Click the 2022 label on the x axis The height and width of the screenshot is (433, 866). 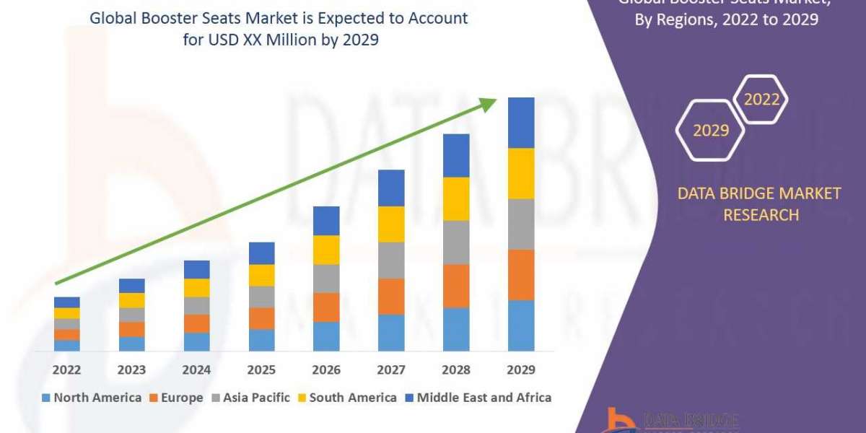click(x=66, y=370)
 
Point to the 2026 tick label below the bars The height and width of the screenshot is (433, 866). click(x=326, y=370)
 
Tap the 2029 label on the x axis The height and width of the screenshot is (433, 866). click(x=521, y=370)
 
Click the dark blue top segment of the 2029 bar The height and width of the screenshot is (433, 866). click(x=521, y=123)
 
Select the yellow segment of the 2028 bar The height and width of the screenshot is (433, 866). click(x=456, y=198)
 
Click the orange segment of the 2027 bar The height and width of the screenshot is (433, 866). click(x=391, y=297)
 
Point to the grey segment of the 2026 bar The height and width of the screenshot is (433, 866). click(x=326, y=279)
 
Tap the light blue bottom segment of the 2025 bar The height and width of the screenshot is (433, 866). click(x=261, y=340)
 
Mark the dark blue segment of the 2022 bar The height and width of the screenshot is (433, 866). click(x=66, y=302)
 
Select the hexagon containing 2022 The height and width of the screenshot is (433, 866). click(x=761, y=100)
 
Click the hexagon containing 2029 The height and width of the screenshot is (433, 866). click(x=711, y=131)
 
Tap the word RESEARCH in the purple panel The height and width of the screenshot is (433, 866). click(x=761, y=214)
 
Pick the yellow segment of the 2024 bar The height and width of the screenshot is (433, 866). click(x=196, y=288)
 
